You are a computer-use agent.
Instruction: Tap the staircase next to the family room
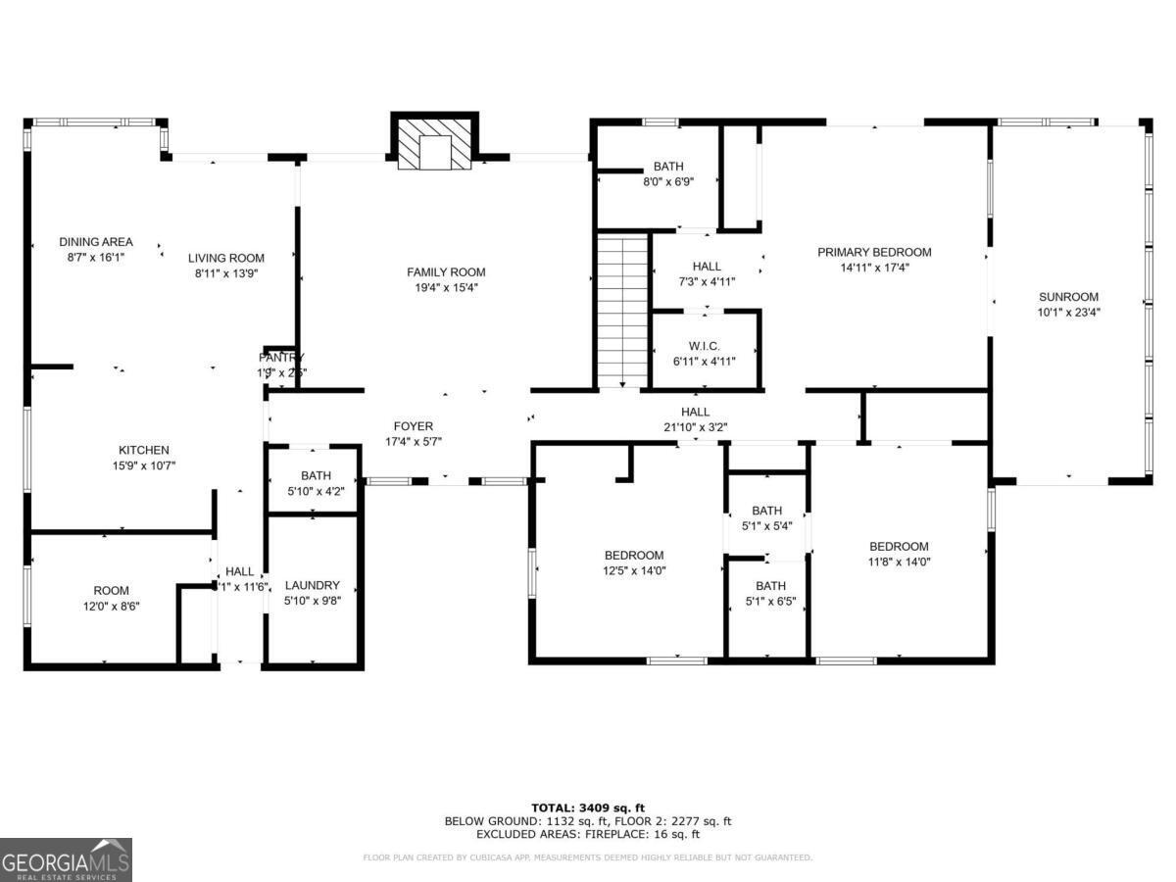623,310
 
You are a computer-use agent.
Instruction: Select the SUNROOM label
1068,297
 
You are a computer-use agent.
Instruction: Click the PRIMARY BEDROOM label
874,252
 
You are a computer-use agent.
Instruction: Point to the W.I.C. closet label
706,346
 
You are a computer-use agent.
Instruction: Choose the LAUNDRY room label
312,585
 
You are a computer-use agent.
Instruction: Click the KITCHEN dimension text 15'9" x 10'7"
145,465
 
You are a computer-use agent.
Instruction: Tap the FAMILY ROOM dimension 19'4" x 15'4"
446,287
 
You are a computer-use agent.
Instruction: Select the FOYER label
414,426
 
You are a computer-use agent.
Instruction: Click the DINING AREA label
96,242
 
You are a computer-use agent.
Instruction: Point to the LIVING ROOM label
226,258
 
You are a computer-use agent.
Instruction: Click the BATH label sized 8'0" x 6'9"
668,167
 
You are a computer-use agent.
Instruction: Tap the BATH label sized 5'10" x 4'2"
316,475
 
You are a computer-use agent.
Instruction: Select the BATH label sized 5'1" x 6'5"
769,587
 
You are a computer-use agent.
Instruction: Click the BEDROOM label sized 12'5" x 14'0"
634,555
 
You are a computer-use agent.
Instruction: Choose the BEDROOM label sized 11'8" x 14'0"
899,547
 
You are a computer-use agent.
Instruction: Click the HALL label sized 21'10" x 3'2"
695,412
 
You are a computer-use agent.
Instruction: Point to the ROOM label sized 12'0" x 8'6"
111,591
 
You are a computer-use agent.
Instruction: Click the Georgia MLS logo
66,859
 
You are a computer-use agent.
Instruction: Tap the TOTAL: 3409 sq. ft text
588,808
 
